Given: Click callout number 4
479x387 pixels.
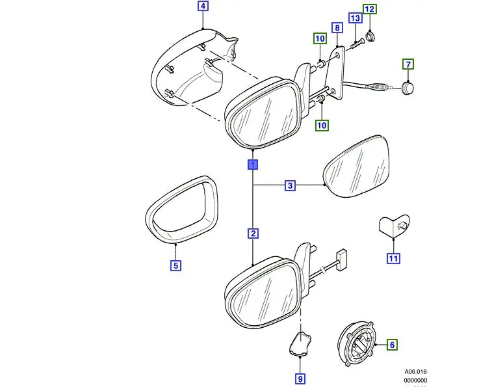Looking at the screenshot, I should click(203, 7).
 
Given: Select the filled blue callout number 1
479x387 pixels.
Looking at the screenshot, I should click(252, 164).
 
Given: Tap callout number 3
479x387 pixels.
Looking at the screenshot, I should click(291, 186).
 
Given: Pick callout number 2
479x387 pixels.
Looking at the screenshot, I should click(252, 233).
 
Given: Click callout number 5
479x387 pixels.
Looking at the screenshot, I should click(176, 265).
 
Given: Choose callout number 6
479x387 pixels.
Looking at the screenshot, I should click(393, 345).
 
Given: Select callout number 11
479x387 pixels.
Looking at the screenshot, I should click(393, 258).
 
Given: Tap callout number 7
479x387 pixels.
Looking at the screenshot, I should click(408, 64).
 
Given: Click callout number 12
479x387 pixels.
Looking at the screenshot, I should click(369, 10).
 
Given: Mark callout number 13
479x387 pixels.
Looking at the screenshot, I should click(355, 18).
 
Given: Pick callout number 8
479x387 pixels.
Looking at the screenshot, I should click(337, 28).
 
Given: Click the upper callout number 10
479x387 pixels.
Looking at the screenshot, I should click(320, 39).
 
